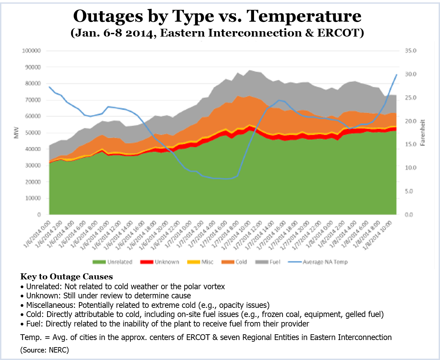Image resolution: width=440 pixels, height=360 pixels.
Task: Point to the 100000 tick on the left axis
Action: click(x=31, y=51)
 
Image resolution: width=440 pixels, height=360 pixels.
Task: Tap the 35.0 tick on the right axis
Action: click(x=410, y=51)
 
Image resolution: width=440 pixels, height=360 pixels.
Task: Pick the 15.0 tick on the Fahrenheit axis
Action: click(x=410, y=144)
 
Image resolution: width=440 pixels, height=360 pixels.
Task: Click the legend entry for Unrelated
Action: click(x=112, y=262)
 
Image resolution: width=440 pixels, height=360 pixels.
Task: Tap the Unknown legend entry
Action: click(x=160, y=262)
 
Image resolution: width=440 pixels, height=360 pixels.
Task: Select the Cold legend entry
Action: click(x=234, y=262)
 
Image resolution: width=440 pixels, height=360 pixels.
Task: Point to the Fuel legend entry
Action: click(x=268, y=262)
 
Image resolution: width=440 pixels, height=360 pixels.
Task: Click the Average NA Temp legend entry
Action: click(x=318, y=262)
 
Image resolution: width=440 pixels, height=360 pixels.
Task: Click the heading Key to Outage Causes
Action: click(x=66, y=277)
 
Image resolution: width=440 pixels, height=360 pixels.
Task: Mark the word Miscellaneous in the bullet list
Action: click(x=49, y=305)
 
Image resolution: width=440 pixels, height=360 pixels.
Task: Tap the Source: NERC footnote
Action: click(x=44, y=350)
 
